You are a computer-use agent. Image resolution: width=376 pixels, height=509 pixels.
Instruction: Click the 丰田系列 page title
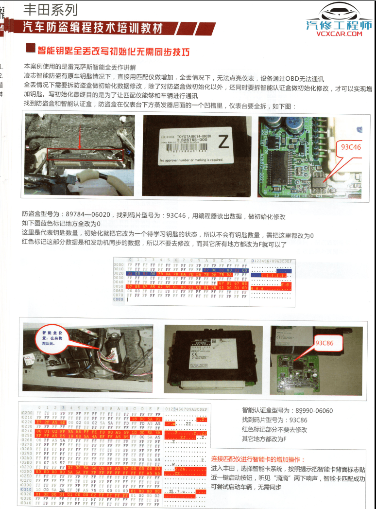(x=51, y=9)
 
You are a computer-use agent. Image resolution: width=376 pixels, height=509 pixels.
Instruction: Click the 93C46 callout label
(x=351, y=147)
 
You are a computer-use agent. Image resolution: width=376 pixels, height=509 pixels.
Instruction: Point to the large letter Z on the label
(x=223, y=142)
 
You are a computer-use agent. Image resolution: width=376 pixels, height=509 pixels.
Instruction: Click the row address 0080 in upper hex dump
(x=118, y=299)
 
